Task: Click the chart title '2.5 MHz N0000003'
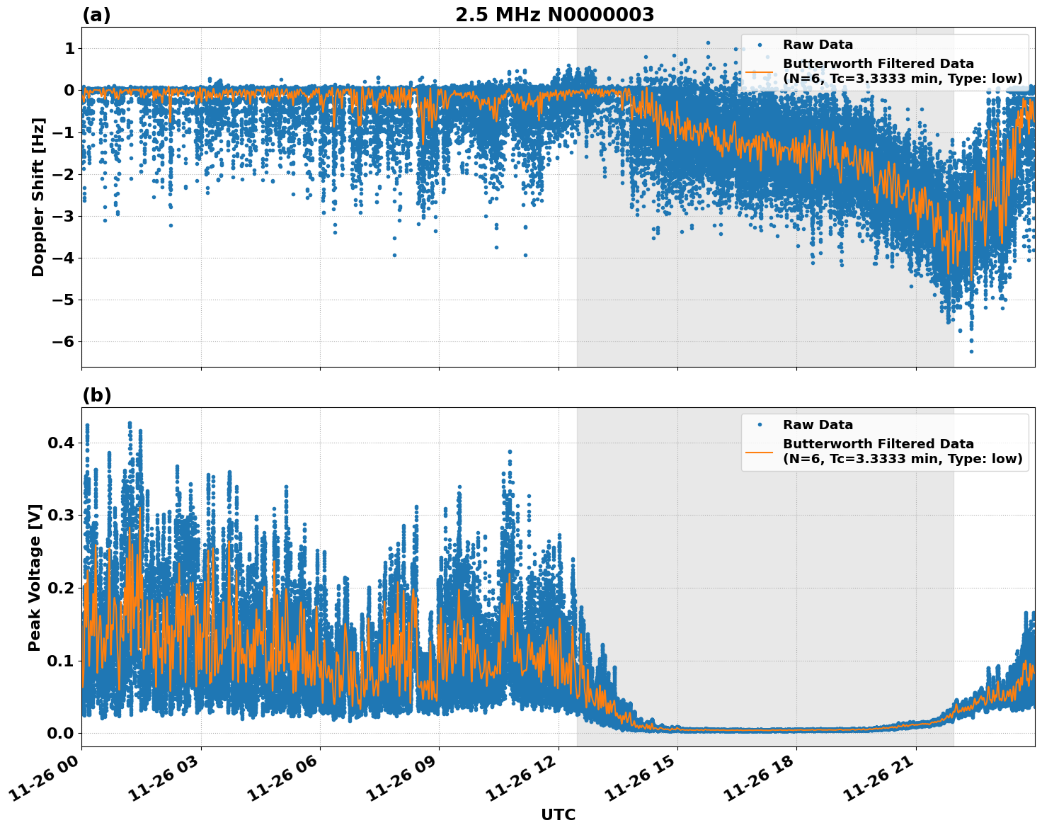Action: tap(554, 15)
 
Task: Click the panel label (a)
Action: tap(96, 15)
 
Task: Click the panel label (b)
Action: tap(96, 395)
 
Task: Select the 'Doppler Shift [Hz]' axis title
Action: tap(38, 197)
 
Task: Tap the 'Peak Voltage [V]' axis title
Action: tap(35, 577)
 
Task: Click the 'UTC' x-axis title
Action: tap(558, 814)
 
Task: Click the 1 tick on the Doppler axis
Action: tap(69, 48)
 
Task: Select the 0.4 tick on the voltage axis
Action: tap(61, 443)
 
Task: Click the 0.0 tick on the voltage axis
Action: tap(61, 733)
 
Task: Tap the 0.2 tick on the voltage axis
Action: tap(61, 588)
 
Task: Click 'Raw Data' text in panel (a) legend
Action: tap(818, 45)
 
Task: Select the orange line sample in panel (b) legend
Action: tap(760, 451)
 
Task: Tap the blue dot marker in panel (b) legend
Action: tap(760, 425)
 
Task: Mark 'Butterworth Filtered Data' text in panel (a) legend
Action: tap(878, 64)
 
